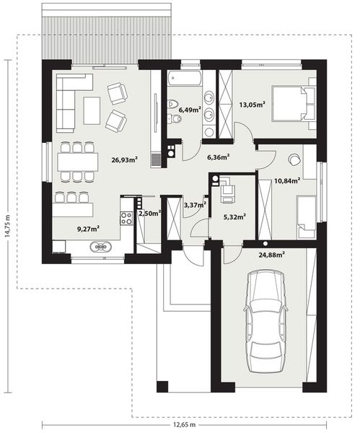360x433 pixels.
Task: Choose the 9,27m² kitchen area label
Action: coord(88,229)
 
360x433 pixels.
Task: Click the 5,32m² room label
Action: coord(234,215)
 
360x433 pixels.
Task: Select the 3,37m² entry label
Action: coord(195,205)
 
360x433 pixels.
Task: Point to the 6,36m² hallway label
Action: coord(218,156)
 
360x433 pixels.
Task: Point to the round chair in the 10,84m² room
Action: coord(294,159)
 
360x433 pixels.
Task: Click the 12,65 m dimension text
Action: coord(190,426)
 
